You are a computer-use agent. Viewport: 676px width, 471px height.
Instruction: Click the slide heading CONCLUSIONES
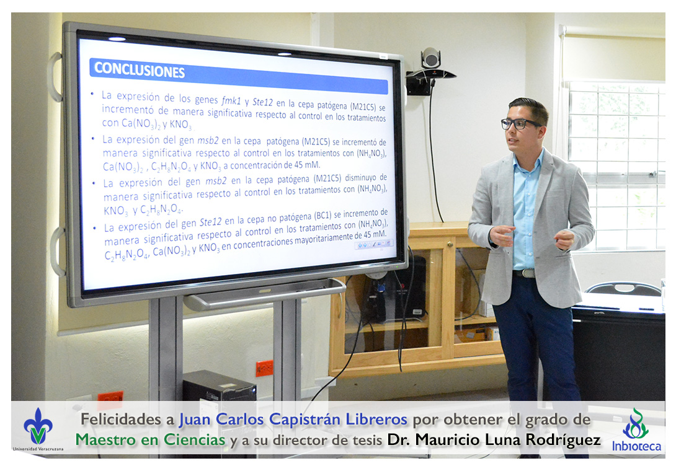(140, 70)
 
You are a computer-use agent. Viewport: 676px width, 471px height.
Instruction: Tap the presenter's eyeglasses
(520, 124)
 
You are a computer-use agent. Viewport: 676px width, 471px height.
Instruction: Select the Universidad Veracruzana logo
(38, 429)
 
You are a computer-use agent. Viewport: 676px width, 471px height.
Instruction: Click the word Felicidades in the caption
(127, 419)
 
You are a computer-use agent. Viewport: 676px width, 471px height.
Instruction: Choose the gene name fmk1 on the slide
(231, 101)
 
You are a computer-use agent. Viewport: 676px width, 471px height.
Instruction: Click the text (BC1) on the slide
(322, 216)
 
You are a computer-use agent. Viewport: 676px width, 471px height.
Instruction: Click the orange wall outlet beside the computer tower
(264, 369)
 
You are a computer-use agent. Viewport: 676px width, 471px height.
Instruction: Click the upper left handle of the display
(55, 76)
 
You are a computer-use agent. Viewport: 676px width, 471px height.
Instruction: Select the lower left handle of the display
(56, 252)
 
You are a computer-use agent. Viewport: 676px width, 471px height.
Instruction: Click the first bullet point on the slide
(92, 94)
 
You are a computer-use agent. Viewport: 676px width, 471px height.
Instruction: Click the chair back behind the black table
(624, 288)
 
